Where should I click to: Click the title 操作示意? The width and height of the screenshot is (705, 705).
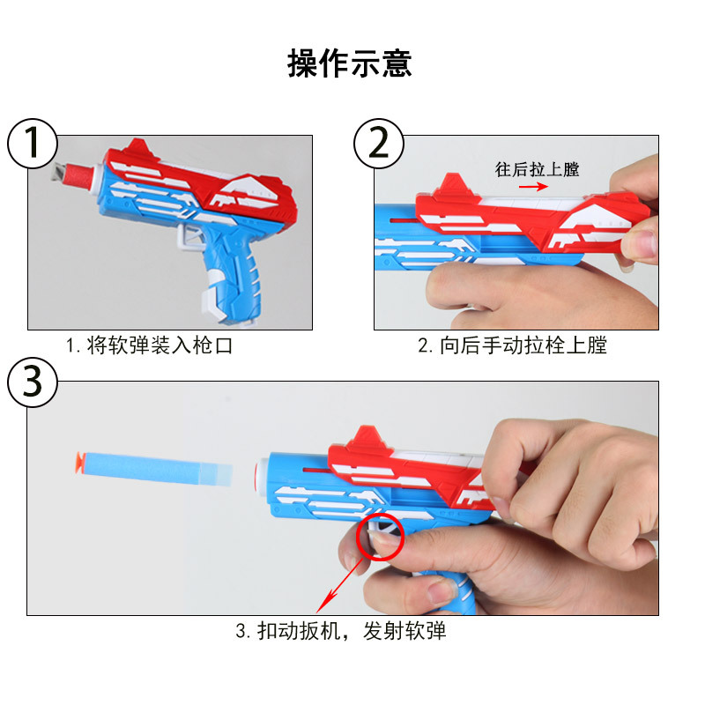350,63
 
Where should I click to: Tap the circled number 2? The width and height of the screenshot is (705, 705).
378,142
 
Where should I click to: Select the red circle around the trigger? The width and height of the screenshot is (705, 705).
379,537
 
